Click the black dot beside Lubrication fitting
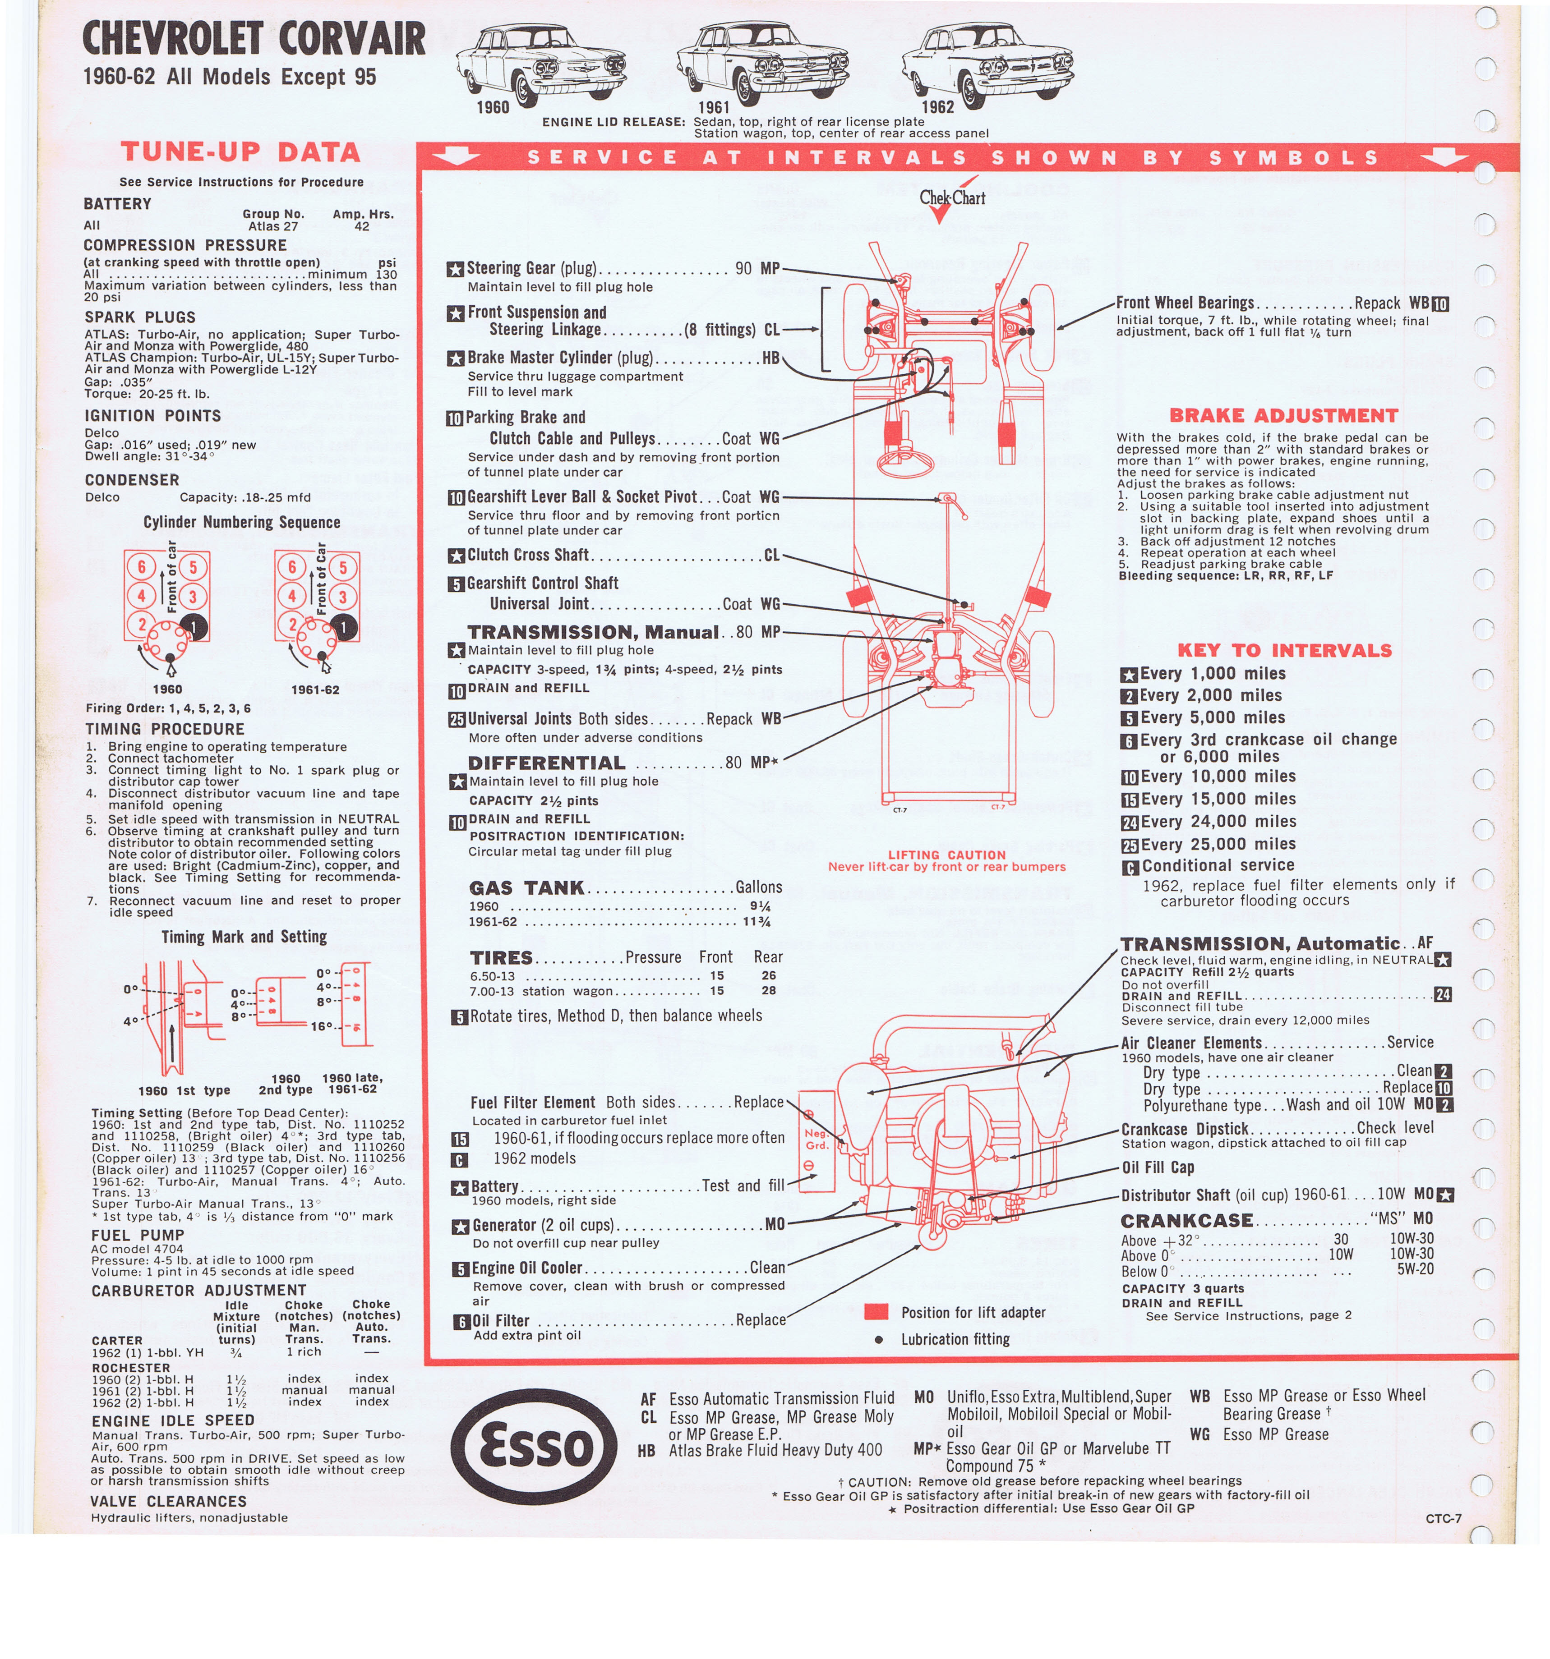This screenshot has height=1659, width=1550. click(x=878, y=1339)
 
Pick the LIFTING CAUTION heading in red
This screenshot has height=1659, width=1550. click(x=946, y=855)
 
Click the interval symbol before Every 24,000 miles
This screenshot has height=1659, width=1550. click(x=1129, y=822)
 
